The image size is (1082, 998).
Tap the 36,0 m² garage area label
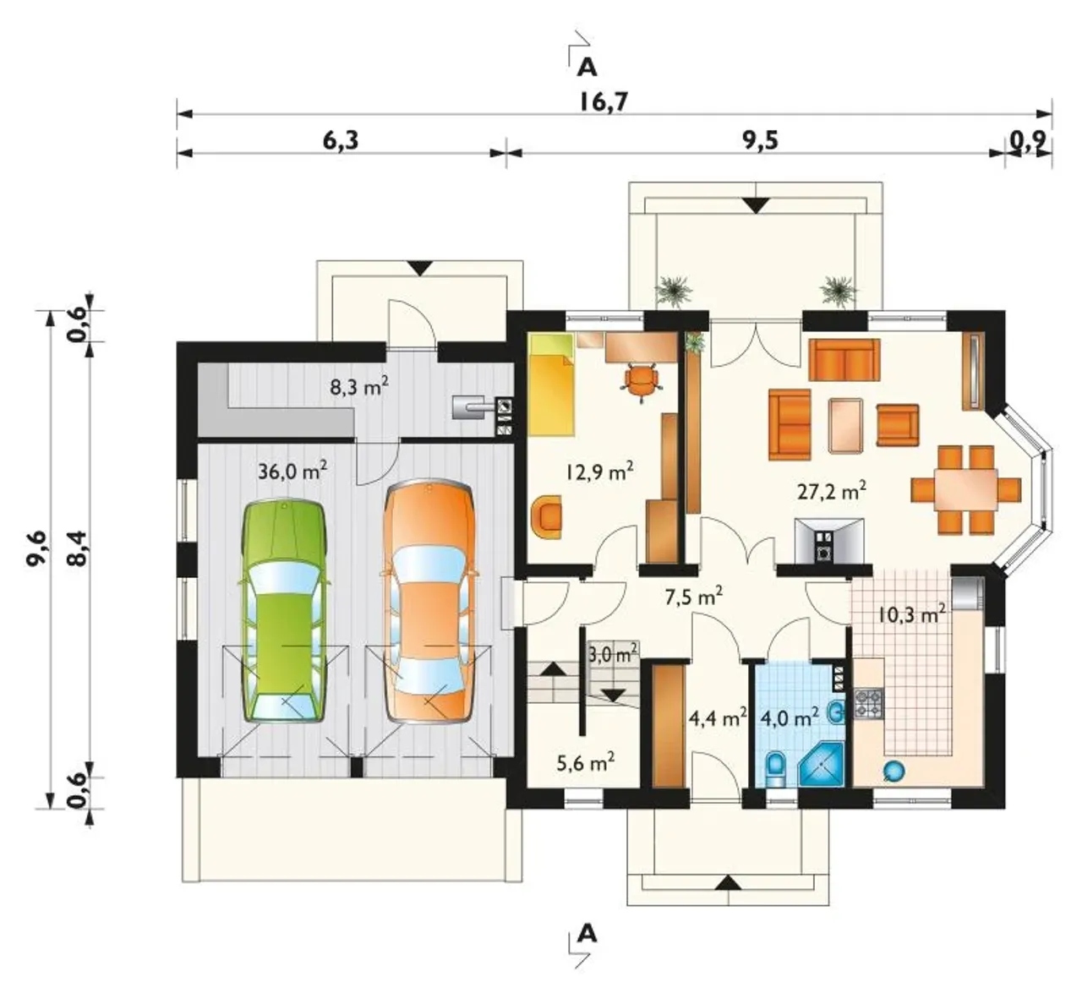[x=292, y=470]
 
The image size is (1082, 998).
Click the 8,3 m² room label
[x=359, y=387]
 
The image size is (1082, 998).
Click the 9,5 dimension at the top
[x=761, y=140]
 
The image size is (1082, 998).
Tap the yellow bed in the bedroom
[x=553, y=384]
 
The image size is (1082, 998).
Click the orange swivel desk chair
[x=642, y=381]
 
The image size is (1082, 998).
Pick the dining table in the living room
[x=966, y=489]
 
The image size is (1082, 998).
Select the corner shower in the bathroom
[x=822, y=765]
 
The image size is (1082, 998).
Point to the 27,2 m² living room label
[x=832, y=491]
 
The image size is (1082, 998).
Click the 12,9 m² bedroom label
[x=600, y=472]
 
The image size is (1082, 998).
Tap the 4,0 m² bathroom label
[x=789, y=718]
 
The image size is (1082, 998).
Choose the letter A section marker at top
[x=587, y=68]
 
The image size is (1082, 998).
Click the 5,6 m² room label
[x=586, y=763]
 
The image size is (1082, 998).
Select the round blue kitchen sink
[x=893, y=771]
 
